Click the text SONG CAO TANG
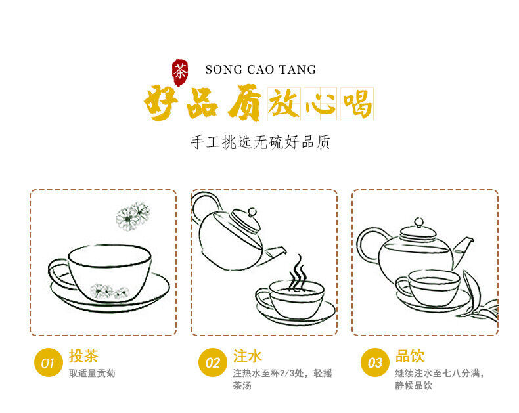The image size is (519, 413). point(260,70)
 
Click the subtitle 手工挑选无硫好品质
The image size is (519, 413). point(260,142)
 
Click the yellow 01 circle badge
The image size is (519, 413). point(48,362)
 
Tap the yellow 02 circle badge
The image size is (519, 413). point(212,362)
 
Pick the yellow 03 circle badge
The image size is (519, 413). point(374,362)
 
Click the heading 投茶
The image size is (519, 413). point(83,356)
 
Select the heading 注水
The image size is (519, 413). point(248,356)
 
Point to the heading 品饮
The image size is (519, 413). point(410,356)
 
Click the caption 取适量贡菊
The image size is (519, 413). point(92,373)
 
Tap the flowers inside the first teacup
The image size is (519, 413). point(109,290)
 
